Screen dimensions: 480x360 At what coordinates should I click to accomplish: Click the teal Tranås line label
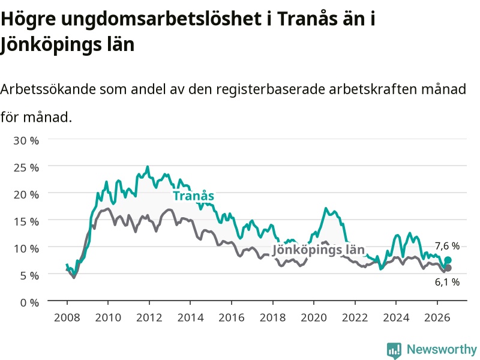click(193, 196)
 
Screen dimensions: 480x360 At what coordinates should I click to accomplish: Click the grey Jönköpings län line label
click(319, 250)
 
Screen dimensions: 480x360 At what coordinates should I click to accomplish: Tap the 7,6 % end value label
click(447, 246)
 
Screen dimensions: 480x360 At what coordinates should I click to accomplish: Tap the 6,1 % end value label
click(447, 282)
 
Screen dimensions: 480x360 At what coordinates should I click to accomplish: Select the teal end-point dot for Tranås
click(448, 260)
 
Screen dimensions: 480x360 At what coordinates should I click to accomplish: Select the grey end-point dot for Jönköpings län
click(448, 268)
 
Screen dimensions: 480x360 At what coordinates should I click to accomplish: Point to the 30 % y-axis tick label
click(26, 140)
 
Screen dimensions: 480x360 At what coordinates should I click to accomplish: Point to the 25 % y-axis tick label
click(26, 167)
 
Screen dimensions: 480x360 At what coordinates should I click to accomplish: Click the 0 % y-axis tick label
click(29, 302)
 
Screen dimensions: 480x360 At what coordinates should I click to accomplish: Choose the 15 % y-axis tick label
click(26, 221)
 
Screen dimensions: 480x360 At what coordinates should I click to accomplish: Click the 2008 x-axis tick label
click(67, 317)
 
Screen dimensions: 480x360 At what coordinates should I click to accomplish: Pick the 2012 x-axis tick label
click(149, 317)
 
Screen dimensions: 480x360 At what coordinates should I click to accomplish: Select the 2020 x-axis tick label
click(314, 317)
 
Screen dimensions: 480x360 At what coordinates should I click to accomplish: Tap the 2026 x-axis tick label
click(437, 317)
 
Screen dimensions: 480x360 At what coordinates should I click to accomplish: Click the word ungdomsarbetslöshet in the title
click(161, 19)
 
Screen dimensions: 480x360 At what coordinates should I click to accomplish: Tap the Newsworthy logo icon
click(394, 350)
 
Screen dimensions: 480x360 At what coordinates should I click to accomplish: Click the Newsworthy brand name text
click(442, 349)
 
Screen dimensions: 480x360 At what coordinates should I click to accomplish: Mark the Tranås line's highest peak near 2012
click(148, 167)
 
